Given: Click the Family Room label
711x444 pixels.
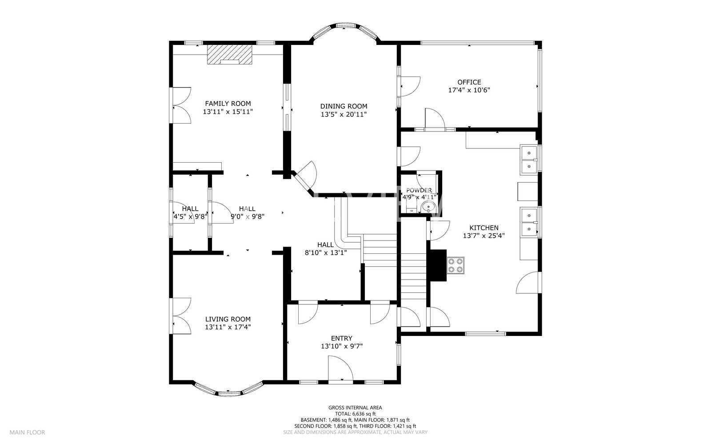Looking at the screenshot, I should pyautogui.click(x=228, y=104).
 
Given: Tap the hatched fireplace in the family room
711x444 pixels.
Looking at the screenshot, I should pyautogui.click(x=229, y=54).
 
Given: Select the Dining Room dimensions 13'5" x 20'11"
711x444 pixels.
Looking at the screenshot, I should pyautogui.click(x=344, y=114).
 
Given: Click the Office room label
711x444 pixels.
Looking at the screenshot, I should pyautogui.click(x=469, y=82).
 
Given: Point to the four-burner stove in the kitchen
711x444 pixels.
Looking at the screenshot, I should pyautogui.click(x=455, y=265).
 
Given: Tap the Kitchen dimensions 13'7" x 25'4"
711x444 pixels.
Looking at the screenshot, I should pyautogui.click(x=483, y=236).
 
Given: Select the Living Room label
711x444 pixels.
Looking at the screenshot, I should pyautogui.click(x=228, y=319).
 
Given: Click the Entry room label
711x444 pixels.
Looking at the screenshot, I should pyautogui.click(x=342, y=338).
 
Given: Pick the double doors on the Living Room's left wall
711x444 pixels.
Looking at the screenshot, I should pyautogui.click(x=181, y=316).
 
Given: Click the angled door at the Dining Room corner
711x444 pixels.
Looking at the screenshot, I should pyautogui.click(x=304, y=176).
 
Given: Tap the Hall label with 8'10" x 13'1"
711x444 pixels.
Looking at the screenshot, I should pyautogui.click(x=325, y=244).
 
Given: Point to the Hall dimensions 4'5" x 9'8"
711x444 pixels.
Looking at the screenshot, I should pyautogui.click(x=190, y=216).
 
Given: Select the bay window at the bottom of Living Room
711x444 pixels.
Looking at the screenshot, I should pyautogui.click(x=228, y=391).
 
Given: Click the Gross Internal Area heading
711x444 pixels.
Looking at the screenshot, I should pyautogui.click(x=355, y=407).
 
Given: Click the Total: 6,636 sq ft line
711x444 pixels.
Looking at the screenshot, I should pyautogui.click(x=355, y=413).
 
